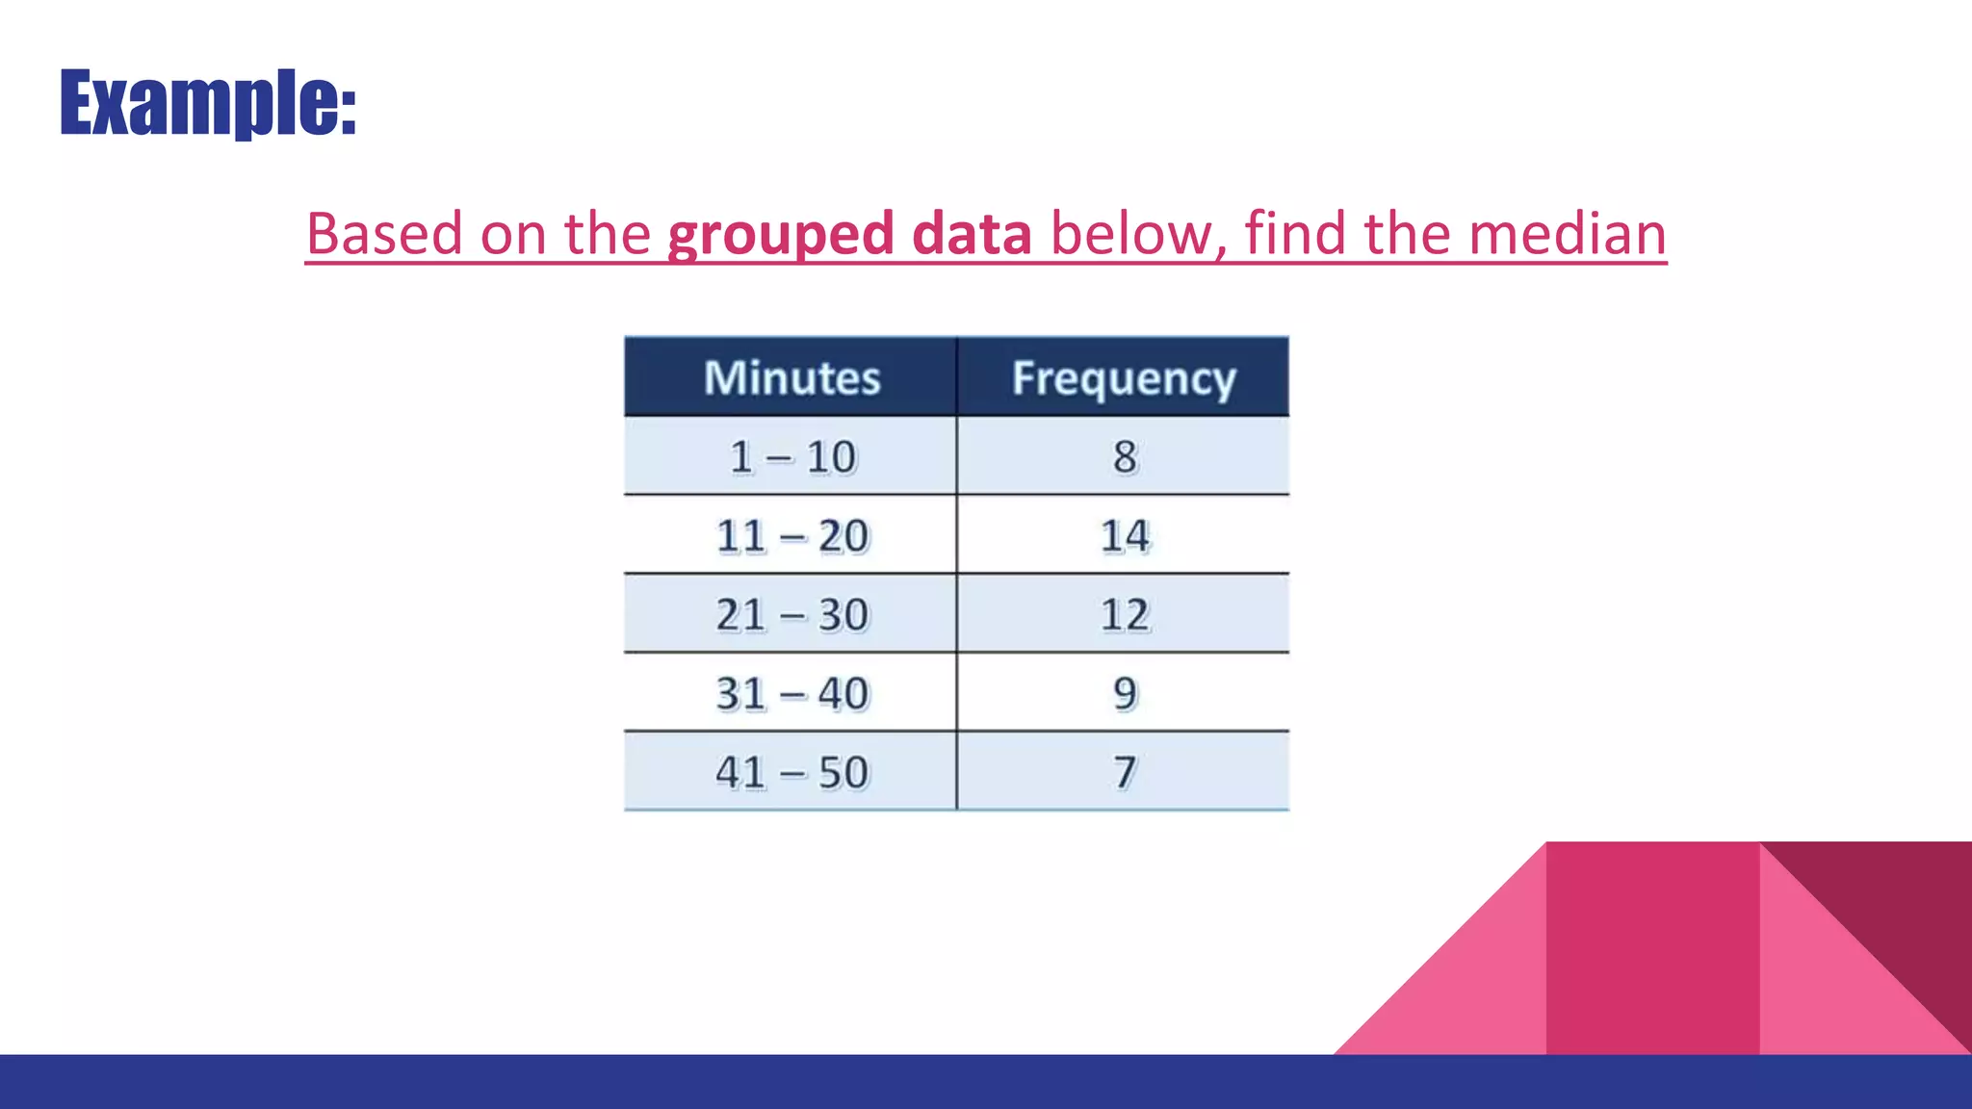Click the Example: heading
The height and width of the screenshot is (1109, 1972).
tap(208, 102)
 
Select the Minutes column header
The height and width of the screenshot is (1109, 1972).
tap(791, 377)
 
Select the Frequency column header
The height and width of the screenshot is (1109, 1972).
tap(1124, 378)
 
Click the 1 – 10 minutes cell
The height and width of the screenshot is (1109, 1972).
tap(791, 456)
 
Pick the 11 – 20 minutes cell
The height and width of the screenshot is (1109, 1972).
tap(791, 535)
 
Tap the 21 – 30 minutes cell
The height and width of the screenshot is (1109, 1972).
tap(791, 614)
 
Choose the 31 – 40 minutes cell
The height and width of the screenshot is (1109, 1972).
tap(791, 693)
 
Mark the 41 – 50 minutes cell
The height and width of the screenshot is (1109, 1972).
tap(791, 772)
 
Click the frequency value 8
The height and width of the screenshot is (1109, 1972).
tap(1125, 456)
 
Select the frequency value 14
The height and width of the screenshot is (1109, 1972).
tap(1125, 535)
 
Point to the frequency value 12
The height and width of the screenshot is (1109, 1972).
tap(1125, 614)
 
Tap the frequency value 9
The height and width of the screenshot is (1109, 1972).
tap(1125, 693)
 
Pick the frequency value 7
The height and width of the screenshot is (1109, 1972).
tap(1125, 772)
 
